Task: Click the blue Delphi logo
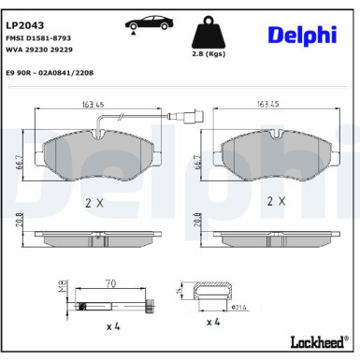[302, 35]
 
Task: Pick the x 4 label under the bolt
[111, 328]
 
